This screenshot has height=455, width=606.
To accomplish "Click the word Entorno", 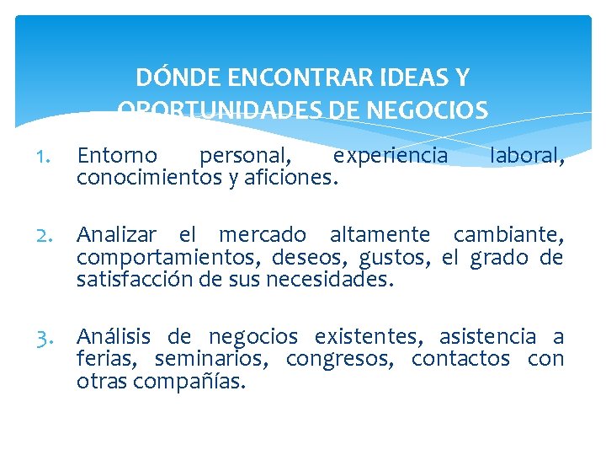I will click(x=117, y=156).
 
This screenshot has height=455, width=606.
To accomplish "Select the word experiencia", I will click(x=391, y=156).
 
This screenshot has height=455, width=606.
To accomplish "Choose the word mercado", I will click(x=263, y=235).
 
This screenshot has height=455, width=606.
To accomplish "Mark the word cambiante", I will click(x=508, y=235).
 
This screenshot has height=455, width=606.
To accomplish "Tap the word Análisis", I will click(x=114, y=337).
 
